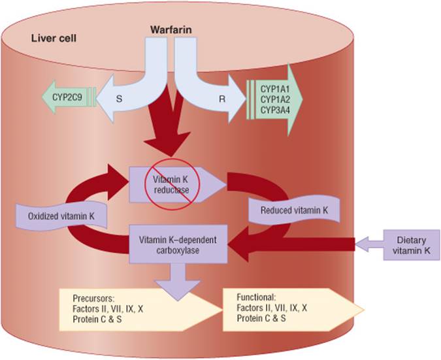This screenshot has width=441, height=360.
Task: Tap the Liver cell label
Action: coord(54,37)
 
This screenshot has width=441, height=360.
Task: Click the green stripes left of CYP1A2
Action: coord(251,99)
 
